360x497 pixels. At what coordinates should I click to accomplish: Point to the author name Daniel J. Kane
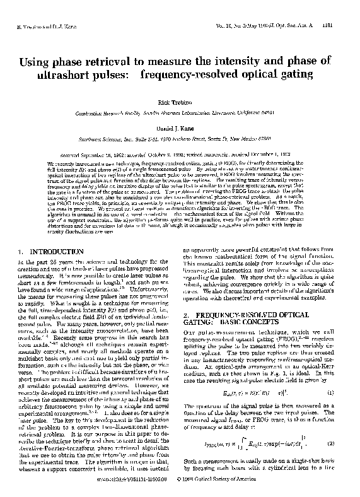pyautogui.click(x=180, y=128)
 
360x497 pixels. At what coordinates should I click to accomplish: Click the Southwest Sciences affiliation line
pyautogui.click(x=180, y=138)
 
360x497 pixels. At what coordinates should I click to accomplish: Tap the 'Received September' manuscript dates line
pyautogui.click(x=180, y=153)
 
